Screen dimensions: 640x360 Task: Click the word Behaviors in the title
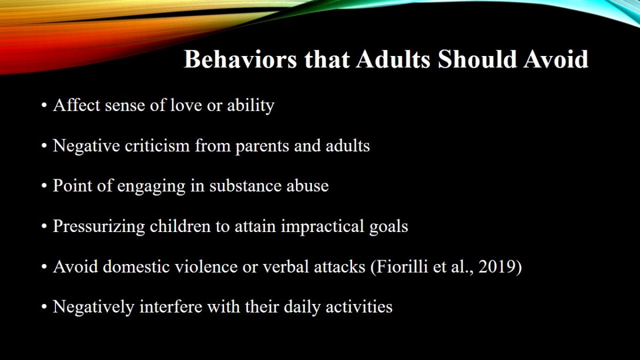(241, 59)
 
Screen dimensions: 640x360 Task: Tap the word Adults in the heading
(393, 59)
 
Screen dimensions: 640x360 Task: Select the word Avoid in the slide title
(555, 59)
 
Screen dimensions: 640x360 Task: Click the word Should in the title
(477, 59)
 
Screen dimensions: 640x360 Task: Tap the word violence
(206, 266)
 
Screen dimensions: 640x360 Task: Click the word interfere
(171, 307)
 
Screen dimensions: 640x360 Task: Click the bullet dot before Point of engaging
(44, 186)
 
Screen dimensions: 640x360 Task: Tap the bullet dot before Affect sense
(44, 106)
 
